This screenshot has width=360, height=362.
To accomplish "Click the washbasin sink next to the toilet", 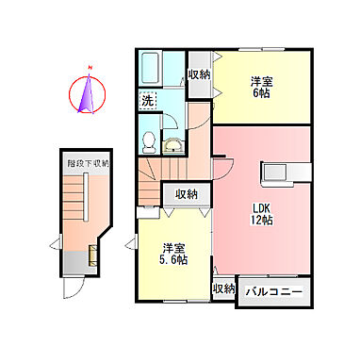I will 174,143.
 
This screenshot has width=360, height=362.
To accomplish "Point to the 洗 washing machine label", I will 148,99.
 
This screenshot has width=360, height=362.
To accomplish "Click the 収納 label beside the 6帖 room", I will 198,75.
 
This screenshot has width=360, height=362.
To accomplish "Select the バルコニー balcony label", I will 275,291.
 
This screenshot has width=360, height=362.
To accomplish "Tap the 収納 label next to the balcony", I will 223,288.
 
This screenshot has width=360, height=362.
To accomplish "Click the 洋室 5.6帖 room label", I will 172,253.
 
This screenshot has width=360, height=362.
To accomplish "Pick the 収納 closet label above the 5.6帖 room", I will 186,193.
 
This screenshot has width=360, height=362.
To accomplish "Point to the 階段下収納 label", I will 88,163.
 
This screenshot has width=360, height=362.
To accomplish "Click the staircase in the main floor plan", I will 162,173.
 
